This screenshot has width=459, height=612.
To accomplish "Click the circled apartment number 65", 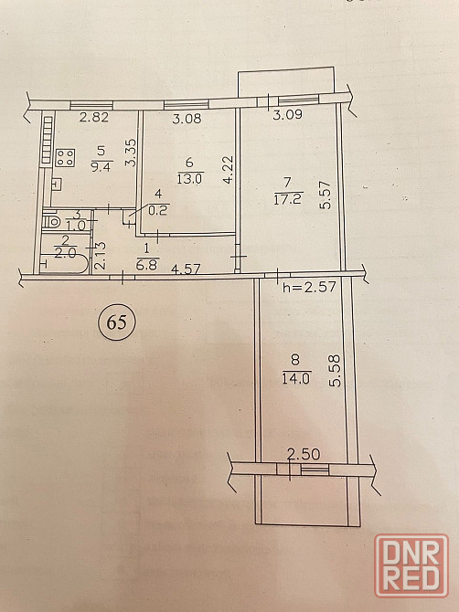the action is pos(117,322).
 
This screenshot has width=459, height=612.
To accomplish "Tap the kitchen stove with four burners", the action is pos(65,158).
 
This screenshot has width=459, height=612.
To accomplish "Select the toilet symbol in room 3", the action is pos(51,221).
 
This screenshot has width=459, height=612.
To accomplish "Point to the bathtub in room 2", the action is pos(64,264).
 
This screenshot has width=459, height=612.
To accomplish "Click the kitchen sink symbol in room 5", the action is pos(57,185).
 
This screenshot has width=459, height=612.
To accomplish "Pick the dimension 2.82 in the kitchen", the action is pos(94,117).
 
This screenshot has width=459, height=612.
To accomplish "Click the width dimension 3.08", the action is pos(187,118).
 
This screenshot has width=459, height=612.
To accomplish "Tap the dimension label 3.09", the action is pos(287,115).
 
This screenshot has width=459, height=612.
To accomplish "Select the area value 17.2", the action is pos(289,199).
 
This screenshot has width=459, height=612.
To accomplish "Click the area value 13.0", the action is pos(189,179).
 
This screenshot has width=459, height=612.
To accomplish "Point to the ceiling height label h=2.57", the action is pos(309,287).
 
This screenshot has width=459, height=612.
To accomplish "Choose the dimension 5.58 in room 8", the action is pos(336,371).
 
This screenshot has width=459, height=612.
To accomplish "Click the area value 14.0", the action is pos(295,378).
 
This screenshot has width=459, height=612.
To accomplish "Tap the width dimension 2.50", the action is pos(304,454).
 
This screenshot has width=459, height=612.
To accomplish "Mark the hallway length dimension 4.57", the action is pos(186,269).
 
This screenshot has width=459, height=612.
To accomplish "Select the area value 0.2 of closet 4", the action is pos(158,210).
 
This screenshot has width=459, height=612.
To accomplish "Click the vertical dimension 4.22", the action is pos(228,169).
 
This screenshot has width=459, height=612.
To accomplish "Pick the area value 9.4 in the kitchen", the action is pos(102,168).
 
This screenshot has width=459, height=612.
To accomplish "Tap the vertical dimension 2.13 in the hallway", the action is pos(100,256).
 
